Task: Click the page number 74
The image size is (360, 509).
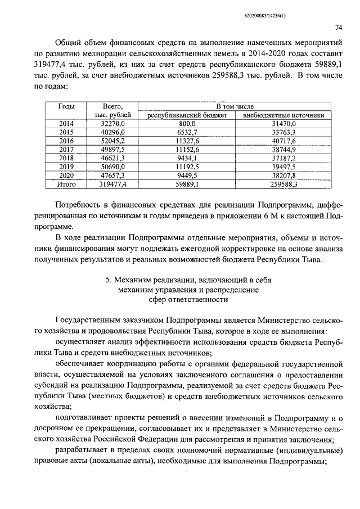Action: click(x=339, y=27)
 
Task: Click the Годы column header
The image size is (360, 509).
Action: click(x=67, y=106)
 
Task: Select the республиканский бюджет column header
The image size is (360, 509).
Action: click(x=187, y=115)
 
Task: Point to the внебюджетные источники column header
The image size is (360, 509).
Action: click(x=283, y=115)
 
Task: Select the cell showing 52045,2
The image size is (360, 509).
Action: click(x=112, y=141)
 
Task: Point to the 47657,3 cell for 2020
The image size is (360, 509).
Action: click(x=112, y=175)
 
